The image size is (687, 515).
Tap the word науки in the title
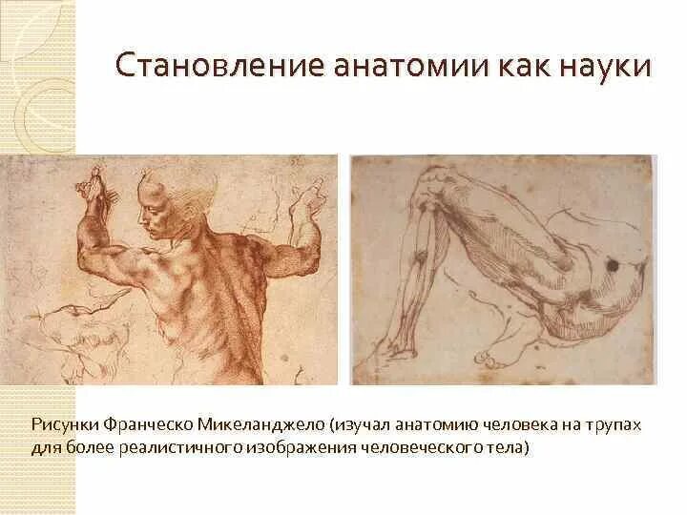[x=606, y=68]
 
